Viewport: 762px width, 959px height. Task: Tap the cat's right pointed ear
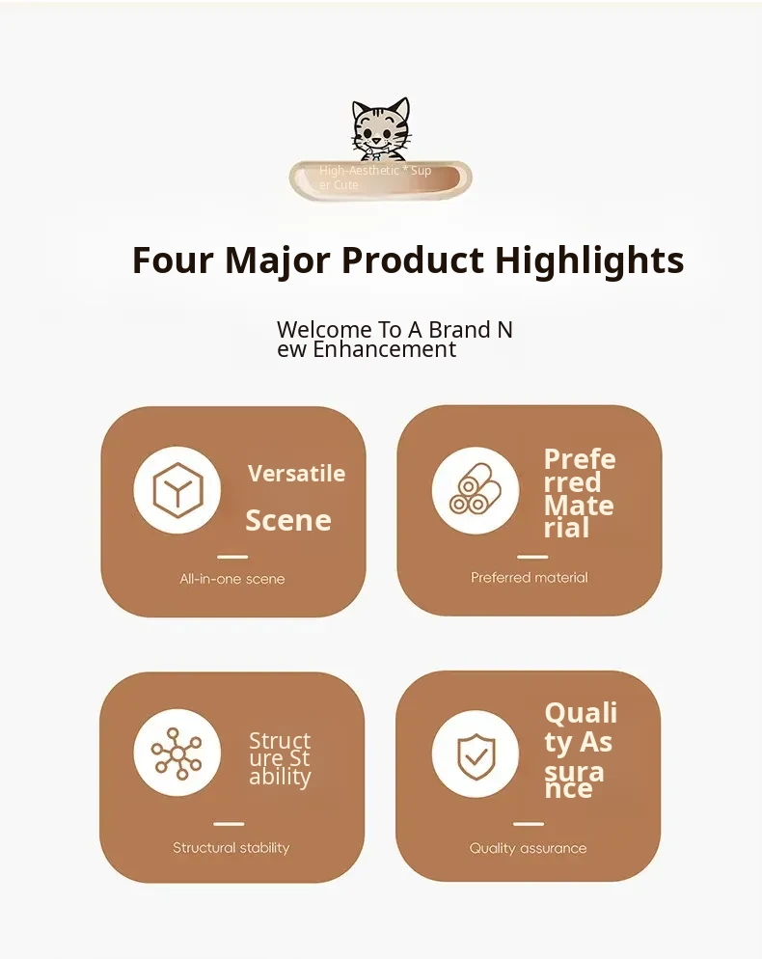tap(400, 109)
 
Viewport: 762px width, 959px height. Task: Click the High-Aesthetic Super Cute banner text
tap(375, 178)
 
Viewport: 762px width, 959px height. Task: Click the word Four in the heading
tap(173, 260)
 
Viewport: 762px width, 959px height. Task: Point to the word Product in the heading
tap(413, 260)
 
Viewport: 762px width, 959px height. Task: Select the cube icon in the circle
tap(177, 490)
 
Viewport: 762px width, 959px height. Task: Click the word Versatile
tap(297, 474)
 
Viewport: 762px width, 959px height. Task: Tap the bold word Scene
tap(288, 520)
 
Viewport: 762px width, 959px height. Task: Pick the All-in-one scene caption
tap(232, 579)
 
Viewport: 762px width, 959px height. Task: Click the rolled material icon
tap(476, 489)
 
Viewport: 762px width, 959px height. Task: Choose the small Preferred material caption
tap(529, 577)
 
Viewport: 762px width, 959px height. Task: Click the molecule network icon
tap(177, 753)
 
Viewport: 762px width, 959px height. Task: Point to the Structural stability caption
tap(231, 848)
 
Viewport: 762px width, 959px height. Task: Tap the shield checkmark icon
tap(476, 756)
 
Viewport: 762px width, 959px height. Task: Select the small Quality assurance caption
tap(528, 848)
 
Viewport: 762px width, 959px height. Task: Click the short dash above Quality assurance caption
tap(529, 824)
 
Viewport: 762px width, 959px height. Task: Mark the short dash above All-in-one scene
tap(232, 557)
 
